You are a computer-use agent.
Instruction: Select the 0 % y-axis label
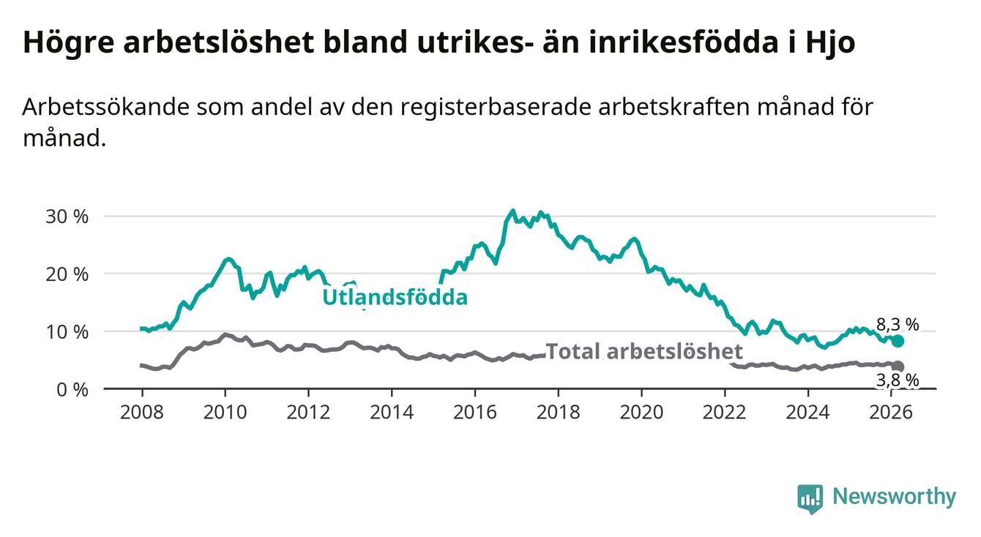[72, 389]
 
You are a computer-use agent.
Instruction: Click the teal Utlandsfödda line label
[395, 297]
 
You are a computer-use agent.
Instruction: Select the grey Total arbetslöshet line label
[644, 351]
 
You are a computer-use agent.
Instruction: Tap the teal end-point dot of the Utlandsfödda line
[898, 341]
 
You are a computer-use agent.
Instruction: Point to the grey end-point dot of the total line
[898, 366]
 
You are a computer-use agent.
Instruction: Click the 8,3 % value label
[898, 324]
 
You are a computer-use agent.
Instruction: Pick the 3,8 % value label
[898, 380]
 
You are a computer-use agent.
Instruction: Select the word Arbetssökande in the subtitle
[105, 107]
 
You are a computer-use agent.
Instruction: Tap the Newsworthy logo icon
[810, 498]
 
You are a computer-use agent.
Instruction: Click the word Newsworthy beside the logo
[894, 497]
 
